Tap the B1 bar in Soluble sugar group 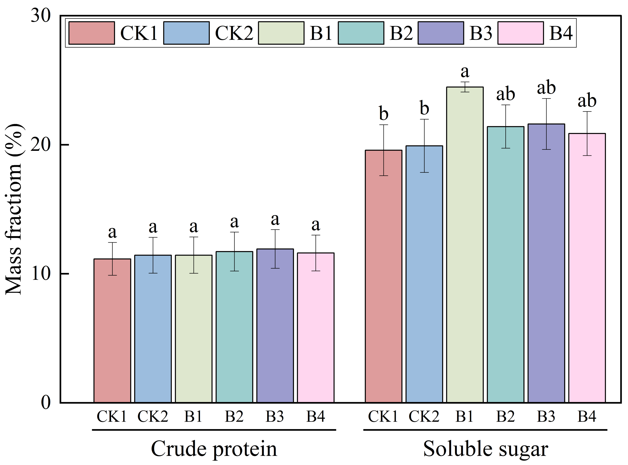pyautogui.click(x=465, y=245)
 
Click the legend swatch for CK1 pyautogui.click(x=92, y=33)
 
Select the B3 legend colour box pyautogui.click(x=441, y=33)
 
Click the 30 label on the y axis pyautogui.click(x=41, y=16)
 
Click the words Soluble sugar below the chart pyautogui.click(x=485, y=449)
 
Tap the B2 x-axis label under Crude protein pyautogui.click(x=234, y=416)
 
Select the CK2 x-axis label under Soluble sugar pyautogui.click(x=424, y=416)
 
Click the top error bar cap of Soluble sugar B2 pyautogui.click(x=505, y=105)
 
